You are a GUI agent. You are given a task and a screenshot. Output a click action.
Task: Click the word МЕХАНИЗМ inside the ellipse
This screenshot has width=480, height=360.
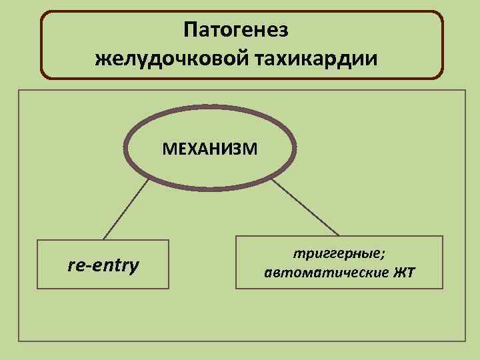209,147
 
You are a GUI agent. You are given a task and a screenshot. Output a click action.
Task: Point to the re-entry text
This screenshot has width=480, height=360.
103,265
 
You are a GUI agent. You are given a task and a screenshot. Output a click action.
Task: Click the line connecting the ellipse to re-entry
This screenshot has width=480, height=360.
125,209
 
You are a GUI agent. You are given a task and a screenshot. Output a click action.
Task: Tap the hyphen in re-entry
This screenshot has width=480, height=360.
85,266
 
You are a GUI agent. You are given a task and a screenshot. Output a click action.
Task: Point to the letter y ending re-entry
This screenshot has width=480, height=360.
135,267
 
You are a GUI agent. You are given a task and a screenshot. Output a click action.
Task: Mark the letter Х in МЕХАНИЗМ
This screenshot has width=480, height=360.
189,147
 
